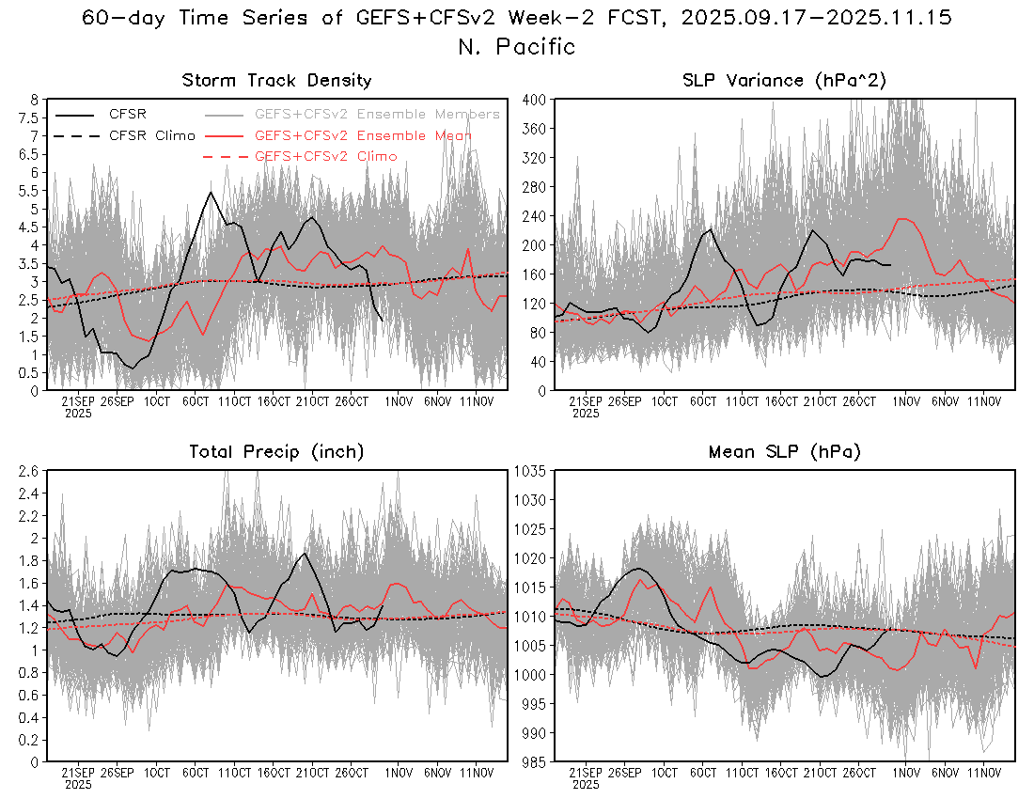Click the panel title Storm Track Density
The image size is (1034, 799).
tap(276, 81)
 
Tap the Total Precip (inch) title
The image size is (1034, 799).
tap(276, 452)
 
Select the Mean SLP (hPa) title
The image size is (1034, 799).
tap(785, 452)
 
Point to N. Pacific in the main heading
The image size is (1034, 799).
tap(516, 46)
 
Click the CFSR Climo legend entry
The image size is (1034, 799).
tap(151, 135)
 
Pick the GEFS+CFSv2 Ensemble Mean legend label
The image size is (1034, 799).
tap(363, 135)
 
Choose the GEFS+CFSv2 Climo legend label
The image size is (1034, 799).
tap(325, 156)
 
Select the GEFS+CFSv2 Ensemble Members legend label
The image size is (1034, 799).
tap(377, 115)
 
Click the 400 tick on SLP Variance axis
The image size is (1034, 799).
tap(535, 99)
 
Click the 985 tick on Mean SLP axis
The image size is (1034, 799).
tap(535, 761)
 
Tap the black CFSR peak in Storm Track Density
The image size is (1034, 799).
tap(211, 193)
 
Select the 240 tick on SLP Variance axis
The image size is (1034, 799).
tap(535, 215)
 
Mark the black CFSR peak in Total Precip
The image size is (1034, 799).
tap(303, 553)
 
